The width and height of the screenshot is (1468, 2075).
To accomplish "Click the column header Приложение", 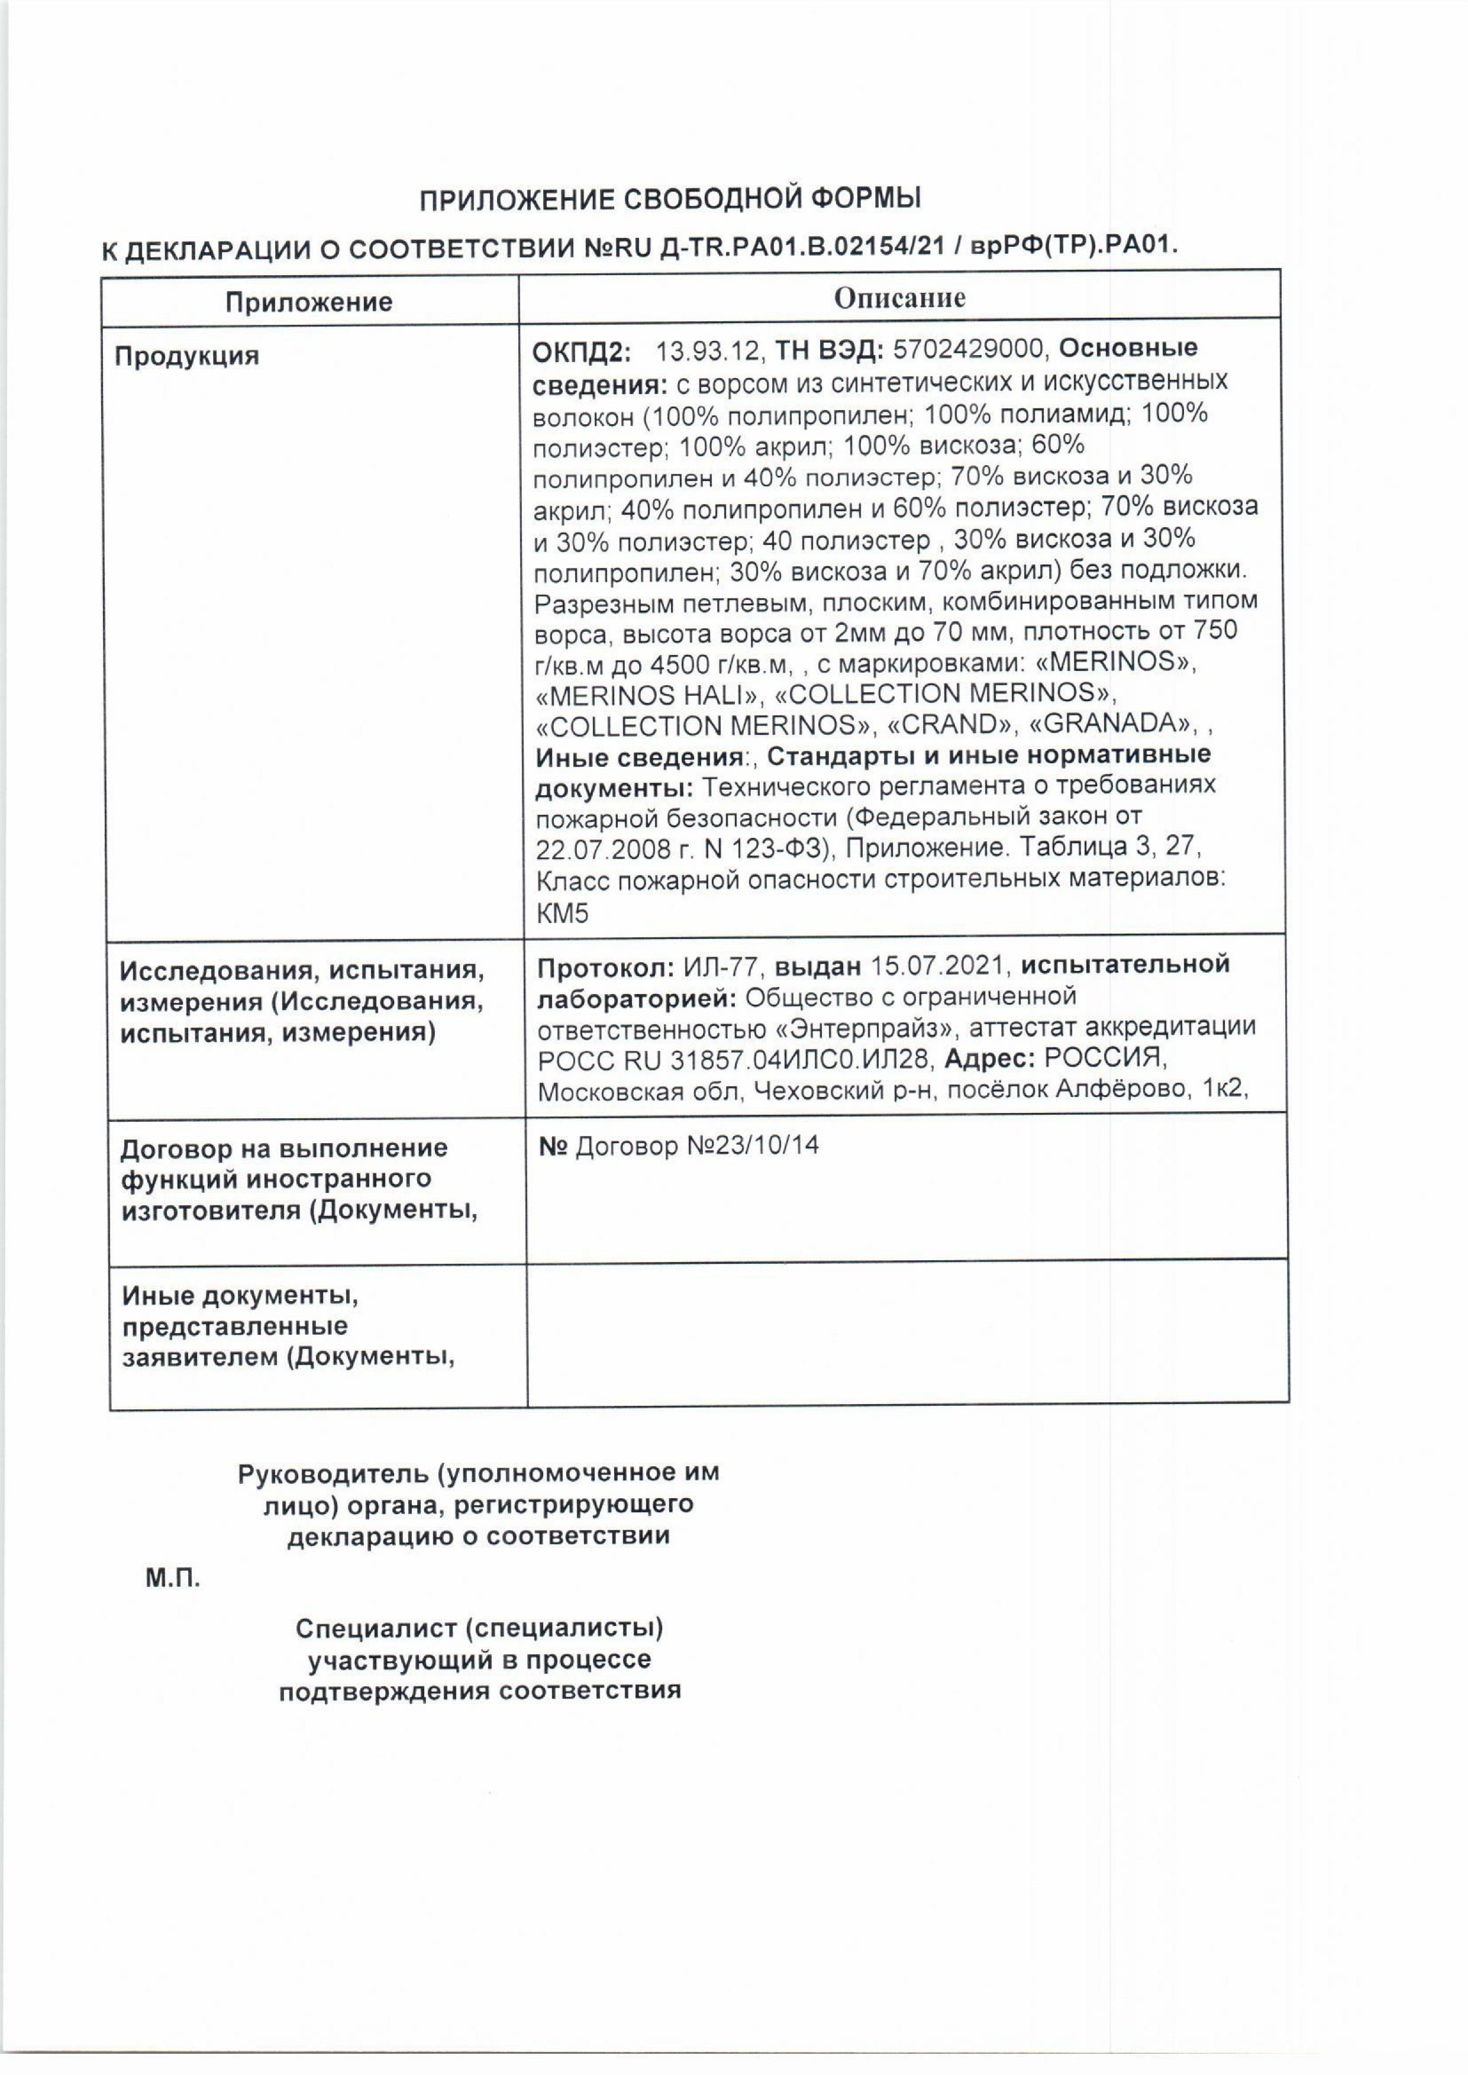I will click(x=308, y=301).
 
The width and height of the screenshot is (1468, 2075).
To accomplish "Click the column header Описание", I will click(x=899, y=298).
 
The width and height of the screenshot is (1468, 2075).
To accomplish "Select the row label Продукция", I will click(x=186, y=356).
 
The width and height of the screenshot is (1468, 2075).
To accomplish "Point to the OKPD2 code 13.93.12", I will click(x=711, y=349).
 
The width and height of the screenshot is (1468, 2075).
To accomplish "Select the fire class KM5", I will click(x=562, y=914).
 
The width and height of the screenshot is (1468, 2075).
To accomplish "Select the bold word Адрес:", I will click(x=991, y=1059).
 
